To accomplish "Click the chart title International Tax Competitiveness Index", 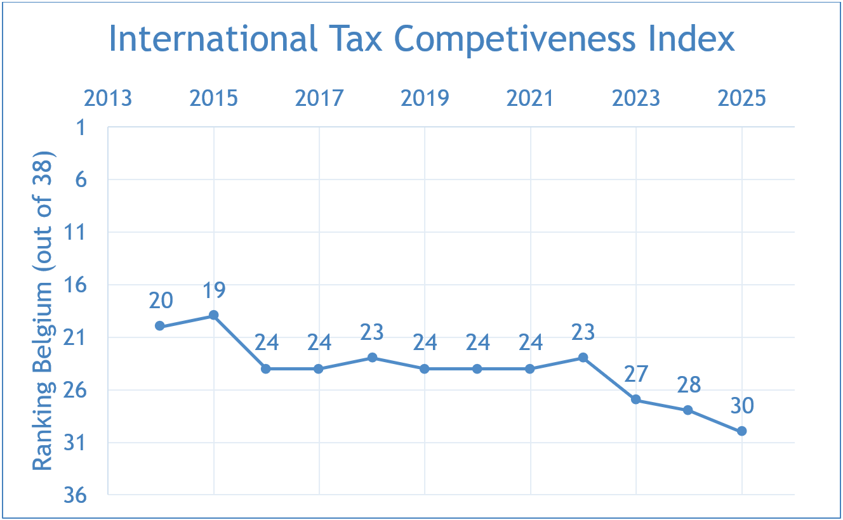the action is pos(421,39).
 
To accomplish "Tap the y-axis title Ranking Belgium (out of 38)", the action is pos(43,311).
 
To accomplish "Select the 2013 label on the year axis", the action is pos(108,98).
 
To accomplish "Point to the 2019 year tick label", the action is pos(425,98).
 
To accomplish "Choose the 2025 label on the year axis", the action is pos(742,98).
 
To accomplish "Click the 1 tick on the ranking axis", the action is pos(81,127).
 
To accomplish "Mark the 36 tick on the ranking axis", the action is pos(76,495).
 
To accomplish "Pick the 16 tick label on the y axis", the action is pos(76,285).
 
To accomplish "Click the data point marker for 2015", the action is pos(214,315).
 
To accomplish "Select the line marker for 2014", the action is pos(160,325).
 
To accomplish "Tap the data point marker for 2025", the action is pos(742,431).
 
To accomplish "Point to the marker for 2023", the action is pos(636,400).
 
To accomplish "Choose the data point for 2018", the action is pos(372,357).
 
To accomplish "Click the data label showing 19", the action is pos(214,290).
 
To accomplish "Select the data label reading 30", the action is pos(742,406).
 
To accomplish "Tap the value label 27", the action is pos(636,374).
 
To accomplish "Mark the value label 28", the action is pos(689,385).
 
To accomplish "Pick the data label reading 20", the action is pos(161,301).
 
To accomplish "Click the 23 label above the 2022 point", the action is pos(583,332).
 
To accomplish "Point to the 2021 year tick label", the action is pos(530,98).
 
